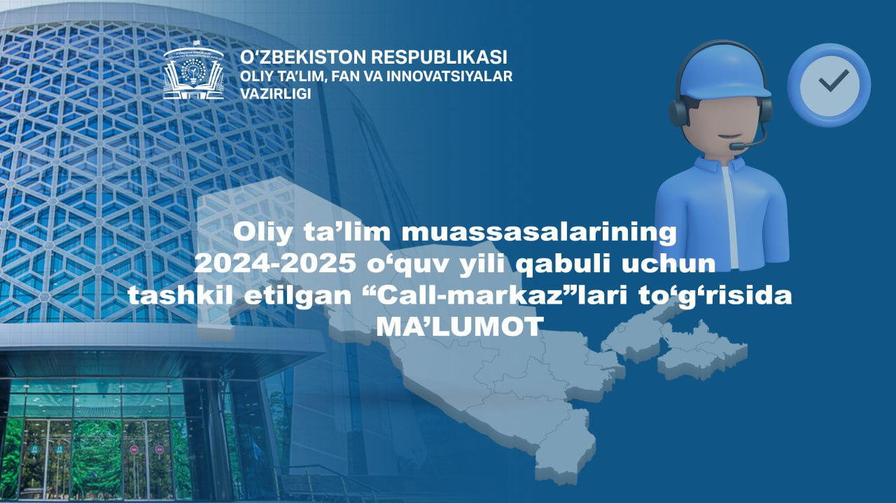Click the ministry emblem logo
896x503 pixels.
coord(194,71)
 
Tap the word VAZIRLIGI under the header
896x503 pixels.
coord(275,94)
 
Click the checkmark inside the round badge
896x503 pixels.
coord(834,80)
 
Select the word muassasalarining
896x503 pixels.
coord(539,233)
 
